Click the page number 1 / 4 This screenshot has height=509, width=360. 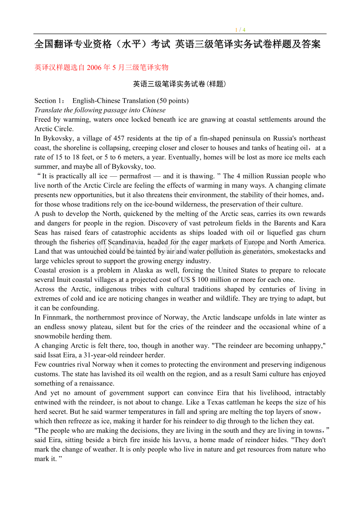(x=240, y=30)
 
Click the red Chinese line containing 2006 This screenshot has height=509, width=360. (x=101, y=67)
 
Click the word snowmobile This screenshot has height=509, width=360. (x=54, y=336)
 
